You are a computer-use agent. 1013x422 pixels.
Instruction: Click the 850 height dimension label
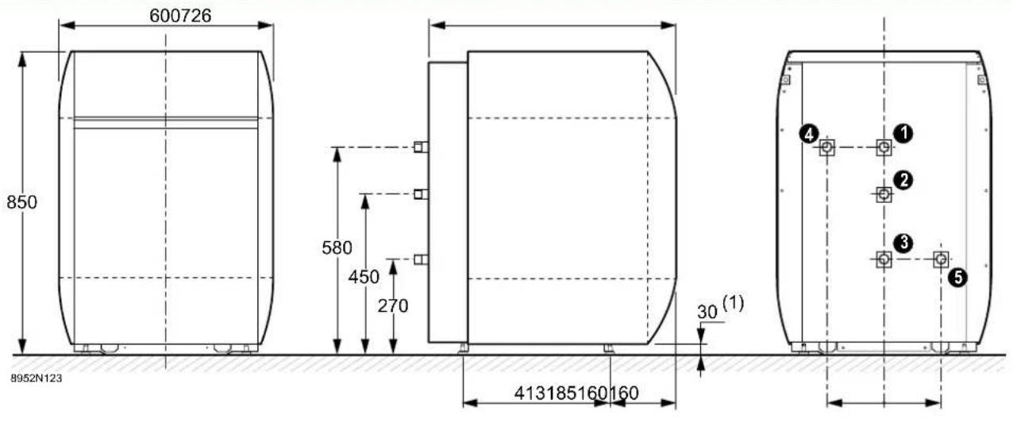coord(21,202)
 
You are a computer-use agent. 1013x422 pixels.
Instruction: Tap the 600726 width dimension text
coord(180,16)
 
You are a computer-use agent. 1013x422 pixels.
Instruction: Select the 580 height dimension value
coord(337,247)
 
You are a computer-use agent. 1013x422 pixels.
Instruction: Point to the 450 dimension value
coord(364,277)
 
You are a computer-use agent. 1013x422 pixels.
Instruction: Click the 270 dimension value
coord(393,306)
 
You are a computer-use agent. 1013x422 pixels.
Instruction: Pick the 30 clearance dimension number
coord(707,312)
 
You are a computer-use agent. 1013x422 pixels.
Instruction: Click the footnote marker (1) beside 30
coord(733,303)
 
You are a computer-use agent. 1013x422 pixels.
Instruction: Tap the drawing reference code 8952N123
coord(37,378)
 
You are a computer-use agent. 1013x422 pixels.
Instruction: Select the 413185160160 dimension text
coord(576,393)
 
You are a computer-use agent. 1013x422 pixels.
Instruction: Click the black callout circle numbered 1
coord(903,133)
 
